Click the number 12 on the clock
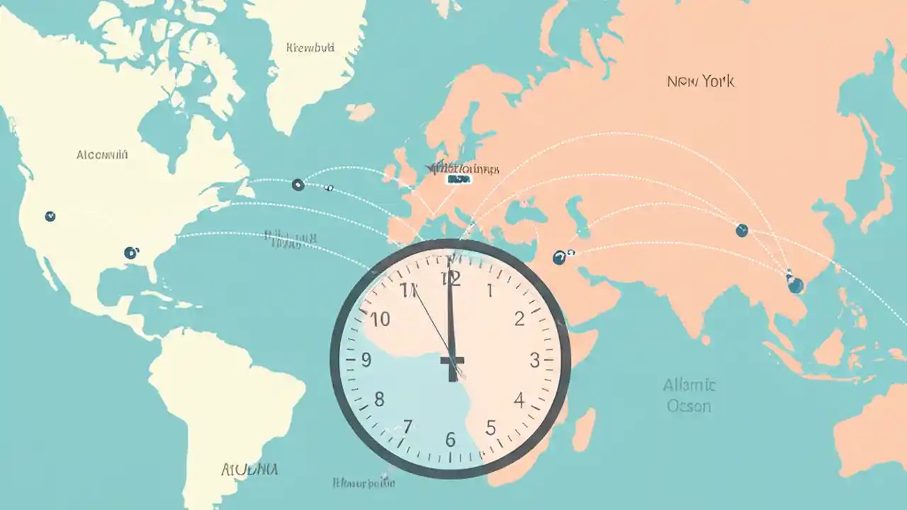[x=451, y=278]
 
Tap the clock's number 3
[x=534, y=361]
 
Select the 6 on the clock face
[x=451, y=439]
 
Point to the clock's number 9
[x=366, y=361]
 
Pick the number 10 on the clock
[x=381, y=319]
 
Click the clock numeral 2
[x=519, y=319]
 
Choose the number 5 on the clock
[x=491, y=428]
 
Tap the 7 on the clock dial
[x=407, y=426]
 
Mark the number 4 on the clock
[x=519, y=401]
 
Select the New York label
[x=700, y=81]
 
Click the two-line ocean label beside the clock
[x=689, y=396]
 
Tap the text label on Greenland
[x=310, y=48]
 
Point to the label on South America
[x=249, y=469]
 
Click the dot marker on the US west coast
[x=50, y=216]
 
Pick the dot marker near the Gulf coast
[x=130, y=252]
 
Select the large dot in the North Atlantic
[x=298, y=185]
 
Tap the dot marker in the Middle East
[x=559, y=257]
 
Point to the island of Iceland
[x=361, y=112]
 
